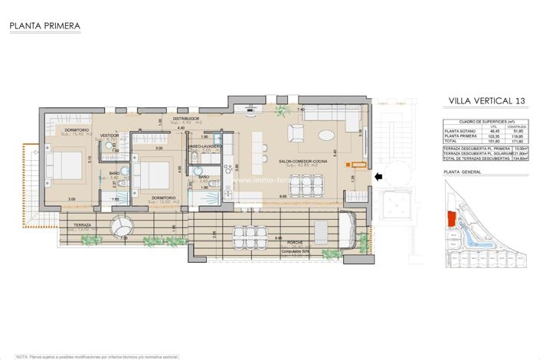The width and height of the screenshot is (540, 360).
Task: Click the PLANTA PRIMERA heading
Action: coord(44,26)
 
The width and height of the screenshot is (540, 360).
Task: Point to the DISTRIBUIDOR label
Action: coord(185,119)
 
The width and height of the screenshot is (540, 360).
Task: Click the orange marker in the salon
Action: coord(351,164)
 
